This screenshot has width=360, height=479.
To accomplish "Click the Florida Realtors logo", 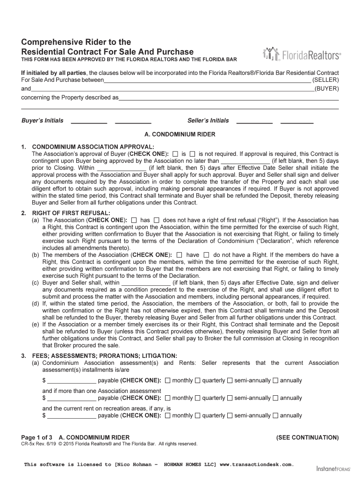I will (x=302, y=54).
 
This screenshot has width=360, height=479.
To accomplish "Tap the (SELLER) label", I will (x=326, y=80).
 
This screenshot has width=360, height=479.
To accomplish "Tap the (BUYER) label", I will (x=327, y=88).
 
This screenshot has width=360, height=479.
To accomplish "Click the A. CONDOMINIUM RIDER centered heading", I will (x=180, y=134).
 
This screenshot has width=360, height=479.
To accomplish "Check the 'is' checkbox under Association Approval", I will (x=175, y=153).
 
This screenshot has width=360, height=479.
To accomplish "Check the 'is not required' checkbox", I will (x=192, y=153).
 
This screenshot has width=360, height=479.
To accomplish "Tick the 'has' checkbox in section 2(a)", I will (x=134, y=220).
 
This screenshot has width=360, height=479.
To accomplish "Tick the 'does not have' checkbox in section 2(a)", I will (x=157, y=220).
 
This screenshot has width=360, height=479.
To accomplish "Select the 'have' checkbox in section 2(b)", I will (x=180, y=255).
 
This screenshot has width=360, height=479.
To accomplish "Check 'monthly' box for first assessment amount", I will (x=168, y=381).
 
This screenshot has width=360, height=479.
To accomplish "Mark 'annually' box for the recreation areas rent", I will (x=276, y=415).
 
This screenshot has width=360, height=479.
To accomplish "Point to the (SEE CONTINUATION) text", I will (x=307, y=437).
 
